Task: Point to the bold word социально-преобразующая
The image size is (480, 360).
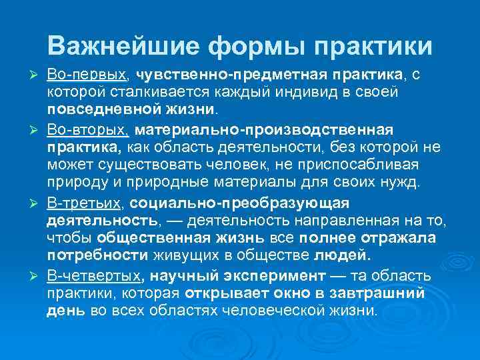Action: coord(240,202)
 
